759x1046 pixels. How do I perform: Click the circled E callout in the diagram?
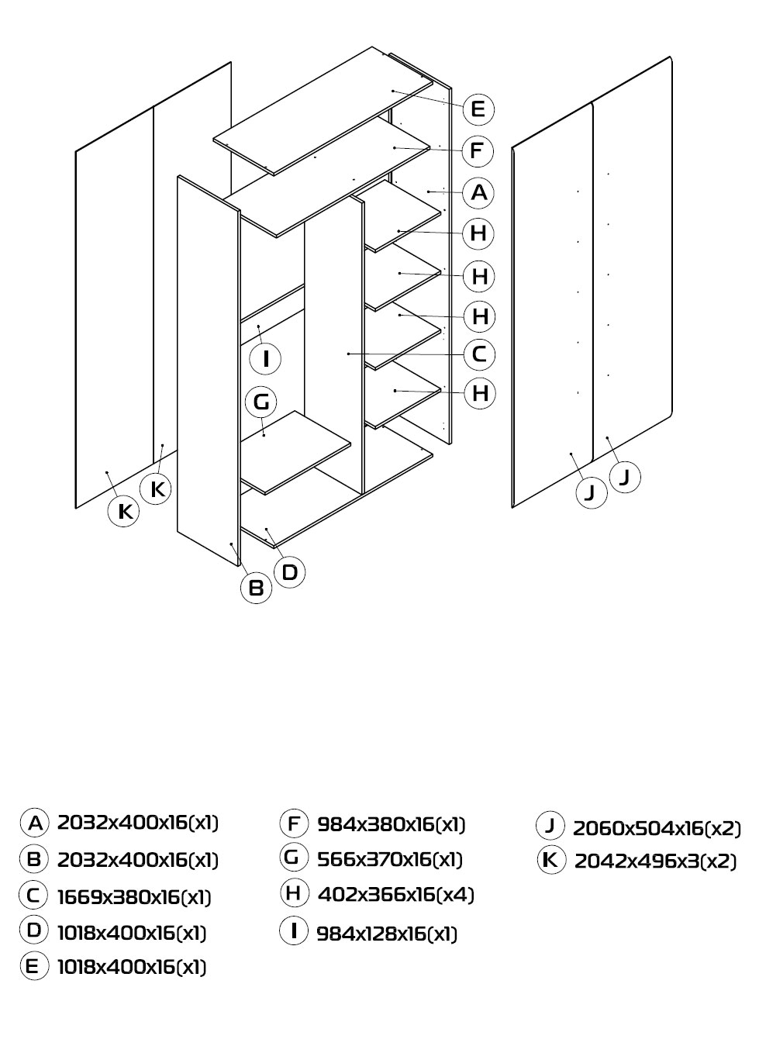click(478, 109)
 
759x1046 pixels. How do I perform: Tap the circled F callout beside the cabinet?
click(477, 151)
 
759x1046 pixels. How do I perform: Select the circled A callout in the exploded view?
click(479, 192)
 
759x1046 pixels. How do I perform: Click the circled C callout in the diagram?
click(479, 354)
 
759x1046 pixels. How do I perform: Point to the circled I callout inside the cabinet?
click(266, 359)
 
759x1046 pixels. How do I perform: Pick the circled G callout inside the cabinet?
click(261, 402)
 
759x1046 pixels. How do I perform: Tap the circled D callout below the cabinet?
click(290, 572)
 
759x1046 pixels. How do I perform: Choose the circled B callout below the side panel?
click(256, 588)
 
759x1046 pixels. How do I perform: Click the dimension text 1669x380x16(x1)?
click(134, 897)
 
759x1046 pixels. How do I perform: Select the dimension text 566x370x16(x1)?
click(390, 859)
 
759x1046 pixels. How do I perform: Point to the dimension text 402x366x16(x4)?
click(396, 894)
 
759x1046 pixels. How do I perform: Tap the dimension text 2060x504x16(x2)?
click(657, 828)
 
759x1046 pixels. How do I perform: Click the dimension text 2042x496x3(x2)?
click(655, 861)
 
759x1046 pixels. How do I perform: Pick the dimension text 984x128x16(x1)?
click(387, 934)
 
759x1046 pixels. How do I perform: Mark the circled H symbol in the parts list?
click(294, 892)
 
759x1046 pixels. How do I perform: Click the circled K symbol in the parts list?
click(551, 859)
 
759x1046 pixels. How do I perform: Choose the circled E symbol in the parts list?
click(34, 965)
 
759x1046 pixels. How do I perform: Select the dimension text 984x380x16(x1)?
click(392, 825)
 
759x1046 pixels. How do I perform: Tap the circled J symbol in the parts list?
click(550, 826)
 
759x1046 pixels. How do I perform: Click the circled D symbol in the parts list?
click(33, 930)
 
